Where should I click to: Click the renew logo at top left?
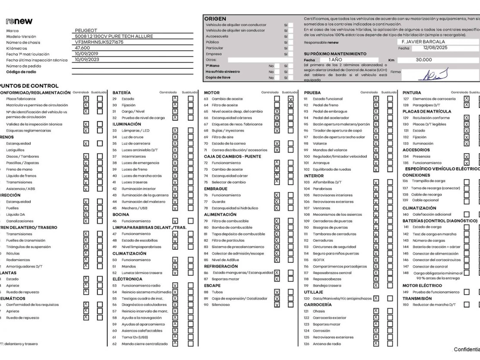tap(19, 21)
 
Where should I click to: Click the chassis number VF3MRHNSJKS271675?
tap(99, 42)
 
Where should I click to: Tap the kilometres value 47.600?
tap(83, 48)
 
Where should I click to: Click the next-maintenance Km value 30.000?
tap(424, 60)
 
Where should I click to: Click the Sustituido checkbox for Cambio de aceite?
tap(290, 99)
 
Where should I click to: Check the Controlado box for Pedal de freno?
tap(376, 105)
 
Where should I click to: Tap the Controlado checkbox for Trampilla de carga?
tap(467, 182)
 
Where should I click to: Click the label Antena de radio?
tap(327, 344)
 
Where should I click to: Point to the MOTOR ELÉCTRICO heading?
tap(422, 285)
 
